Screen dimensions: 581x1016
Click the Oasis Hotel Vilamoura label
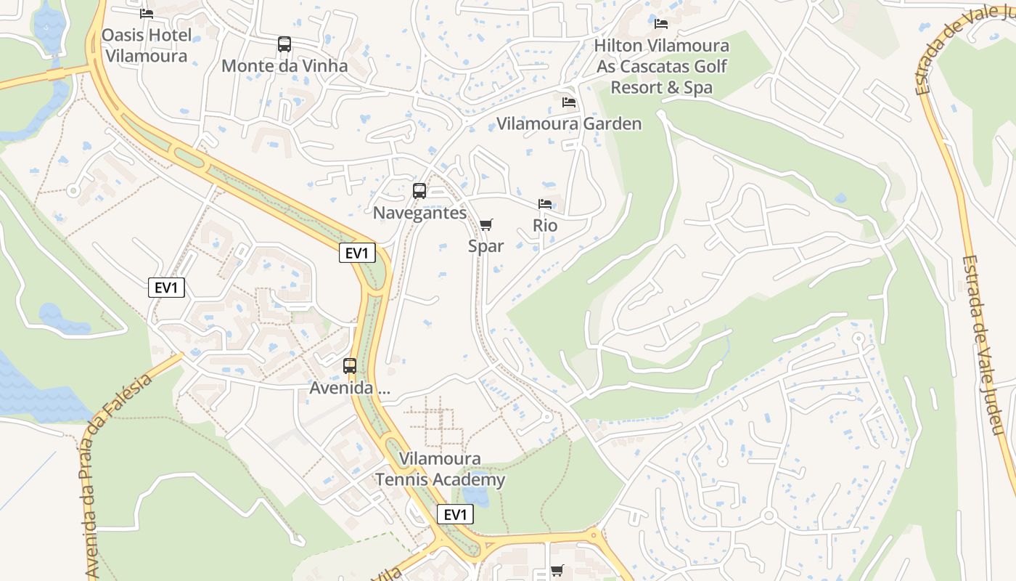point(146,45)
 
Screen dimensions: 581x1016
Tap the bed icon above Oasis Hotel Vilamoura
point(147,13)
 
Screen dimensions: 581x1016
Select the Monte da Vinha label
point(284,66)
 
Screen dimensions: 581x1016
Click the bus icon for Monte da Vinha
point(284,44)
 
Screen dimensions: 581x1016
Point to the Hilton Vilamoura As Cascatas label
point(661,66)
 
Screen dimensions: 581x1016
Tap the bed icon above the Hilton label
point(661,23)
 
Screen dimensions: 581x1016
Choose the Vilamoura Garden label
point(569,123)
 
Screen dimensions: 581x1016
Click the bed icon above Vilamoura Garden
point(569,102)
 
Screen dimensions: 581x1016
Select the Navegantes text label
point(419,213)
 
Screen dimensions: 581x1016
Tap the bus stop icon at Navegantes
point(419,191)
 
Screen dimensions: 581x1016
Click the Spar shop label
point(486,246)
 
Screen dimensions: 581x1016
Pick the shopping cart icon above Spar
point(486,224)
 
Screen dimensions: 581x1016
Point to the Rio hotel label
point(545,226)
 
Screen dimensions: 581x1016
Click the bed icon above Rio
point(545,204)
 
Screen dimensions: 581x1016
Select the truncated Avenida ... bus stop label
point(350,388)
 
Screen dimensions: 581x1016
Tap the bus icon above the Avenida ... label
point(350,366)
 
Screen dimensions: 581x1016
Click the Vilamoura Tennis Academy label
point(440,469)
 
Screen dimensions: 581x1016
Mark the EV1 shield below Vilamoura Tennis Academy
point(455,515)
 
